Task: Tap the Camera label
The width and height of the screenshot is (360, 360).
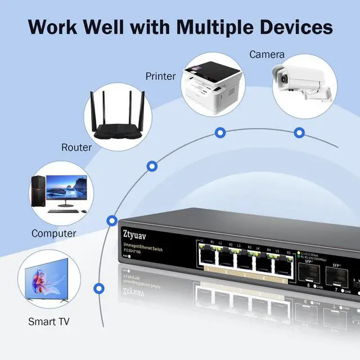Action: (267, 55)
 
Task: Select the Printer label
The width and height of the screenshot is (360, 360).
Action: (161, 76)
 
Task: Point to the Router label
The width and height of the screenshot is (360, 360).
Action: (76, 147)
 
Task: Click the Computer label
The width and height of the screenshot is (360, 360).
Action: (54, 233)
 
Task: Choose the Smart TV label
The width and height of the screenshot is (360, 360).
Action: (49, 322)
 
